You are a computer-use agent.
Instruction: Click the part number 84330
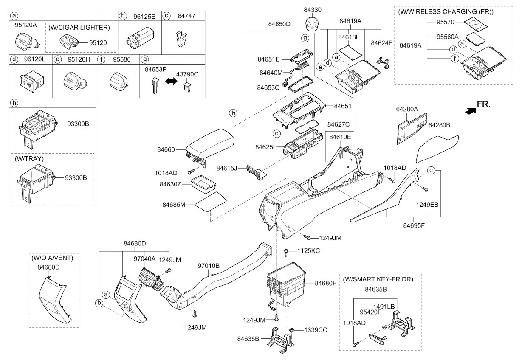[313, 10]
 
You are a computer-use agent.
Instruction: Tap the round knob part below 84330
[313, 23]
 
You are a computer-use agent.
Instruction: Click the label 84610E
[340, 137]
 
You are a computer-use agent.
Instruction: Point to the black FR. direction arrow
[471, 111]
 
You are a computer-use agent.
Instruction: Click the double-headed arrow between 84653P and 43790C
[171, 81]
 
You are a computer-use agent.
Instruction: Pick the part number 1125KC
[308, 251]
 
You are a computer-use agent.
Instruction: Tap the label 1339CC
[316, 330]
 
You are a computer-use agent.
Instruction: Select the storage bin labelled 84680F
[286, 284]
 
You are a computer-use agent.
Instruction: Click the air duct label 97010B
[209, 266]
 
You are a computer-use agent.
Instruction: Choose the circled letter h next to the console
[233, 113]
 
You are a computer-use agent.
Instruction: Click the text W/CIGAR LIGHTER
[79, 28]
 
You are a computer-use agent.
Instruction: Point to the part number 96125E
[144, 17]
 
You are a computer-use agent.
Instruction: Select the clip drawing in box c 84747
[181, 38]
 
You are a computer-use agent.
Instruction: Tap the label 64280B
[439, 125]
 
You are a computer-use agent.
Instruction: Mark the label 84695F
[414, 226]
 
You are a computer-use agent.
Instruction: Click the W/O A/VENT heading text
[52, 258]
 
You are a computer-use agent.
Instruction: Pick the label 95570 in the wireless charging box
[445, 22]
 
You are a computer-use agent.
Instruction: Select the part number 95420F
[371, 312]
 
